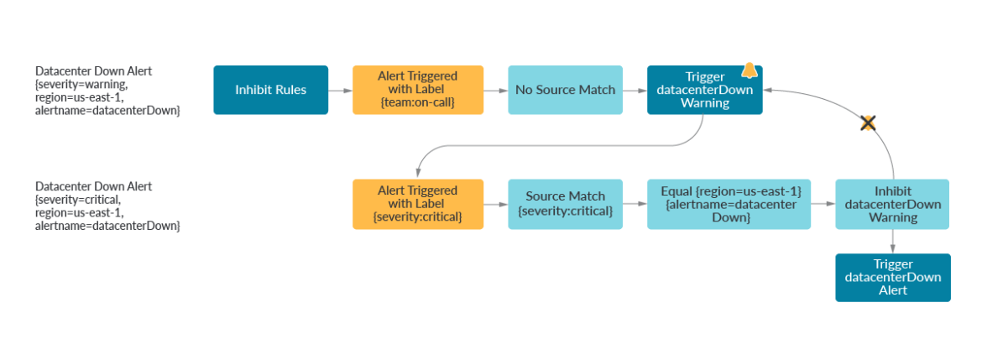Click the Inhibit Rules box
270,90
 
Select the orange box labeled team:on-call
417,90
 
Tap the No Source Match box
565,90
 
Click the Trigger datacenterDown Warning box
704,90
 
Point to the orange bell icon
750,72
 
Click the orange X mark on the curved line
868,123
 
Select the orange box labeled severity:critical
417,204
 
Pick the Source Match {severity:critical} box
565,204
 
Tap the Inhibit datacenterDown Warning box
892,204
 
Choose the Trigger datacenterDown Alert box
892,278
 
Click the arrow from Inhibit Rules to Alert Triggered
340,90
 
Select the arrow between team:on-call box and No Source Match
496,90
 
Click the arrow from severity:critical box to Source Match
496,204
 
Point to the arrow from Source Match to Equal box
635,204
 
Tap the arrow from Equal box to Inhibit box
824,204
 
